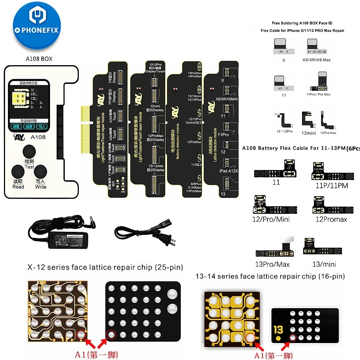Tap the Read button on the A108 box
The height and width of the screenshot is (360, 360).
pos(18,172)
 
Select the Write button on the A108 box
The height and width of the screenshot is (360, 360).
pos(40,172)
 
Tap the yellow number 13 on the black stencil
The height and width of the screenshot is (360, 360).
pos(278,329)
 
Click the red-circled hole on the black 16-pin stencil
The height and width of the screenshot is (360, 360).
pos(292,337)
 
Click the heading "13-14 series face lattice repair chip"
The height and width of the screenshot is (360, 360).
pos(270,276)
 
